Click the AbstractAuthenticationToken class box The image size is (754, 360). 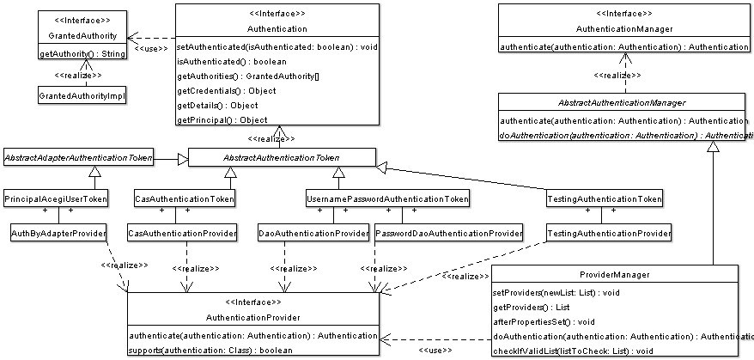coord(282,157)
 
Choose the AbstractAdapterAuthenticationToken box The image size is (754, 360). coord(78,157)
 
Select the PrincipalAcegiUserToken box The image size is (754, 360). coord(57,199)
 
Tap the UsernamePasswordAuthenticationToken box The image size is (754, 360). coord(388,199)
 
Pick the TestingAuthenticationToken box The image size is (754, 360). coord(605,199)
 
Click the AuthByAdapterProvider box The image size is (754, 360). coord(58,233)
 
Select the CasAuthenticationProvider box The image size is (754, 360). coord(183,233)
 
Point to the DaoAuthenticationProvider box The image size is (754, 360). coord(314,233)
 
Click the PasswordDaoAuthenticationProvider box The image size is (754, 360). coord(449,233)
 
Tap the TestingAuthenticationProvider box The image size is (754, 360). coord(609,233)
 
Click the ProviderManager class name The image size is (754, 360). coord(615,275)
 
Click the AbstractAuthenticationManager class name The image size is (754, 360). coord(623,102)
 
